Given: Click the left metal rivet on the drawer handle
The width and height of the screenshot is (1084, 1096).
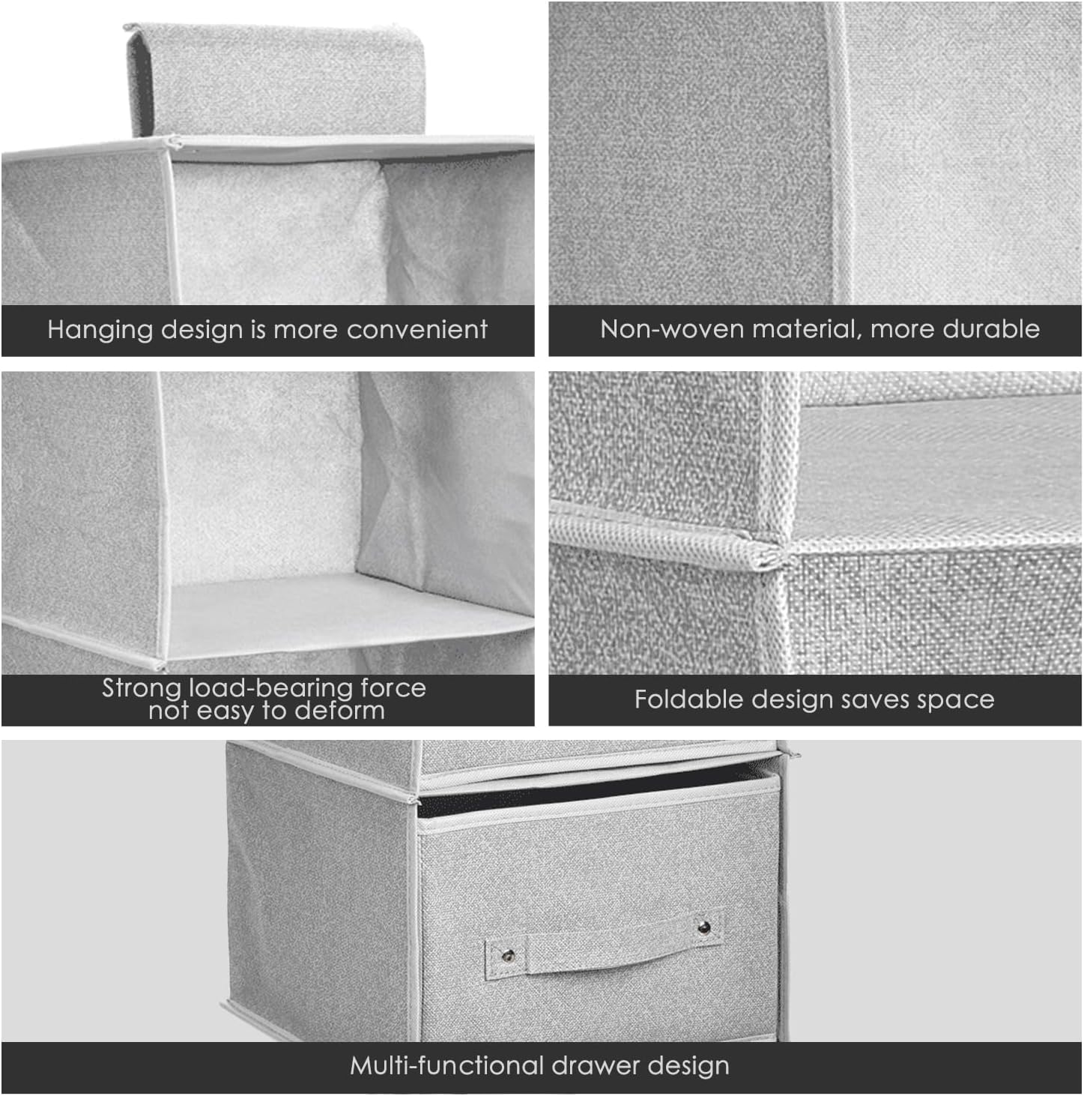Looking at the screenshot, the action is click(508, 956).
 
